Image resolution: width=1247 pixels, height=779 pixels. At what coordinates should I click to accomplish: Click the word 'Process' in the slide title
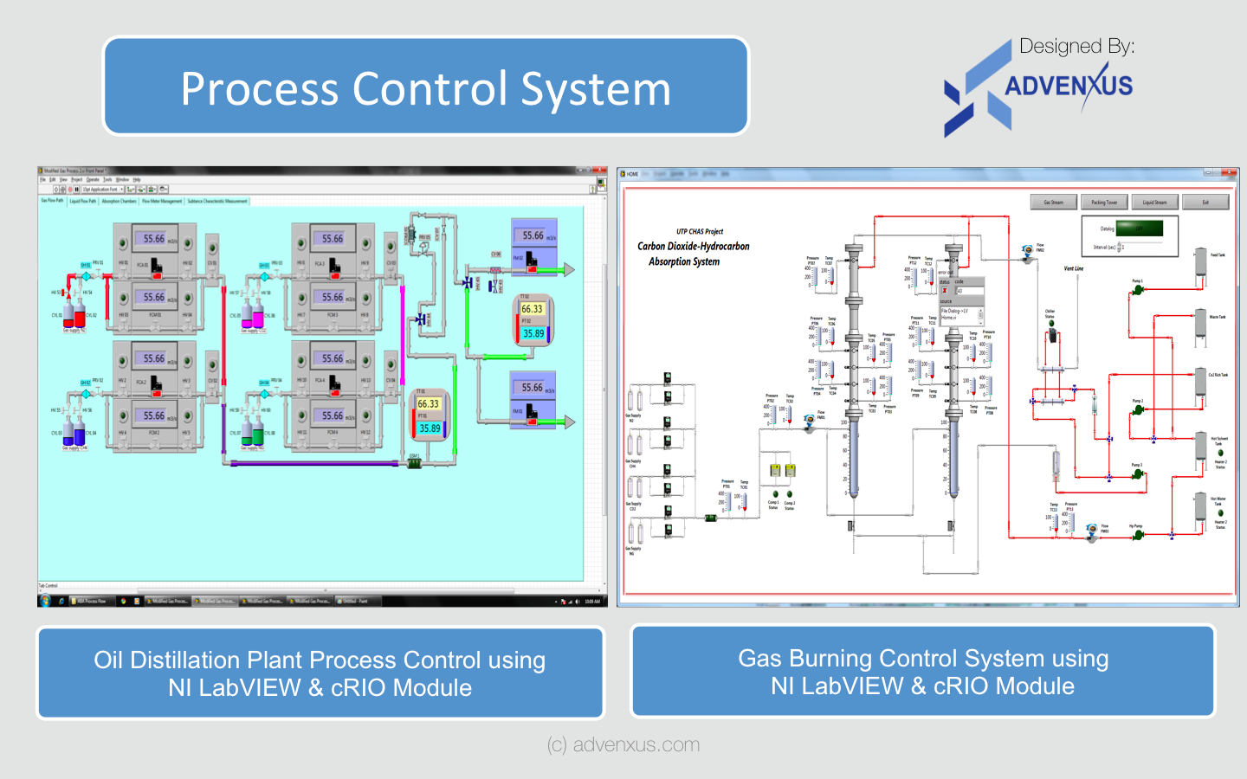point(260,89)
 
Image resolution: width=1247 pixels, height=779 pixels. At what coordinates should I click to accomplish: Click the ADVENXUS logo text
point(1068,86)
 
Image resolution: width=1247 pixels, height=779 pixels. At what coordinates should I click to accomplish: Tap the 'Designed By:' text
point(1076,47)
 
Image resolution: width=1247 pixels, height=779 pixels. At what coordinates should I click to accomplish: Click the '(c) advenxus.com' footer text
point(623,744)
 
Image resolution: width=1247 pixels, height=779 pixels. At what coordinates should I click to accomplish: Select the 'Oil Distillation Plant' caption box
point(320,673)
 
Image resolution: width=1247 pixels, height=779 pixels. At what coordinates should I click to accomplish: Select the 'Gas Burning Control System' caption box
point(922,672)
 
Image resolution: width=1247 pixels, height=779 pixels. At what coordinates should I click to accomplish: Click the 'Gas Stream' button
point(1053,203)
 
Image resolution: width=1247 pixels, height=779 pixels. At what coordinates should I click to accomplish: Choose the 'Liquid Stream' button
point(1154,203)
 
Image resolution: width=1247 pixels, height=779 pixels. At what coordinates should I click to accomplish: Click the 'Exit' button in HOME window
point(1205,203)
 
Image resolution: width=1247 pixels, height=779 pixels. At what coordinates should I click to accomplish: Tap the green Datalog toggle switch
point(1139,229)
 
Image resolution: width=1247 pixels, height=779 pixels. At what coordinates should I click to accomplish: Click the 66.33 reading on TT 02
point(532,309)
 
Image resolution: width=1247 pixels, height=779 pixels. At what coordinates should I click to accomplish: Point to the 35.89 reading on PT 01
point(430,428)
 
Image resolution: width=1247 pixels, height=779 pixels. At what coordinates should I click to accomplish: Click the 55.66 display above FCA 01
point(154,239)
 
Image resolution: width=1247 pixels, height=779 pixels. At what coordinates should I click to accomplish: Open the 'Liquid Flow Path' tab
point(82,201)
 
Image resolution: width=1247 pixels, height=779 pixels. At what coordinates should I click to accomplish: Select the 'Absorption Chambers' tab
point(119,201)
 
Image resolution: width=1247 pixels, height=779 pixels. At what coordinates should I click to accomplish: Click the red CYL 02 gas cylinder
point(80,316)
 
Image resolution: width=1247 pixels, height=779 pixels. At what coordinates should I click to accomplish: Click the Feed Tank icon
point(1201,265)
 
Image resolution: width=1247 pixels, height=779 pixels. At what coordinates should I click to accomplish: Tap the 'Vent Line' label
point(1073,269)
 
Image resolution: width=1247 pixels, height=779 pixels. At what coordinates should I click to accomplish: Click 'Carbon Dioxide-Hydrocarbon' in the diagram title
point(693,247)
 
